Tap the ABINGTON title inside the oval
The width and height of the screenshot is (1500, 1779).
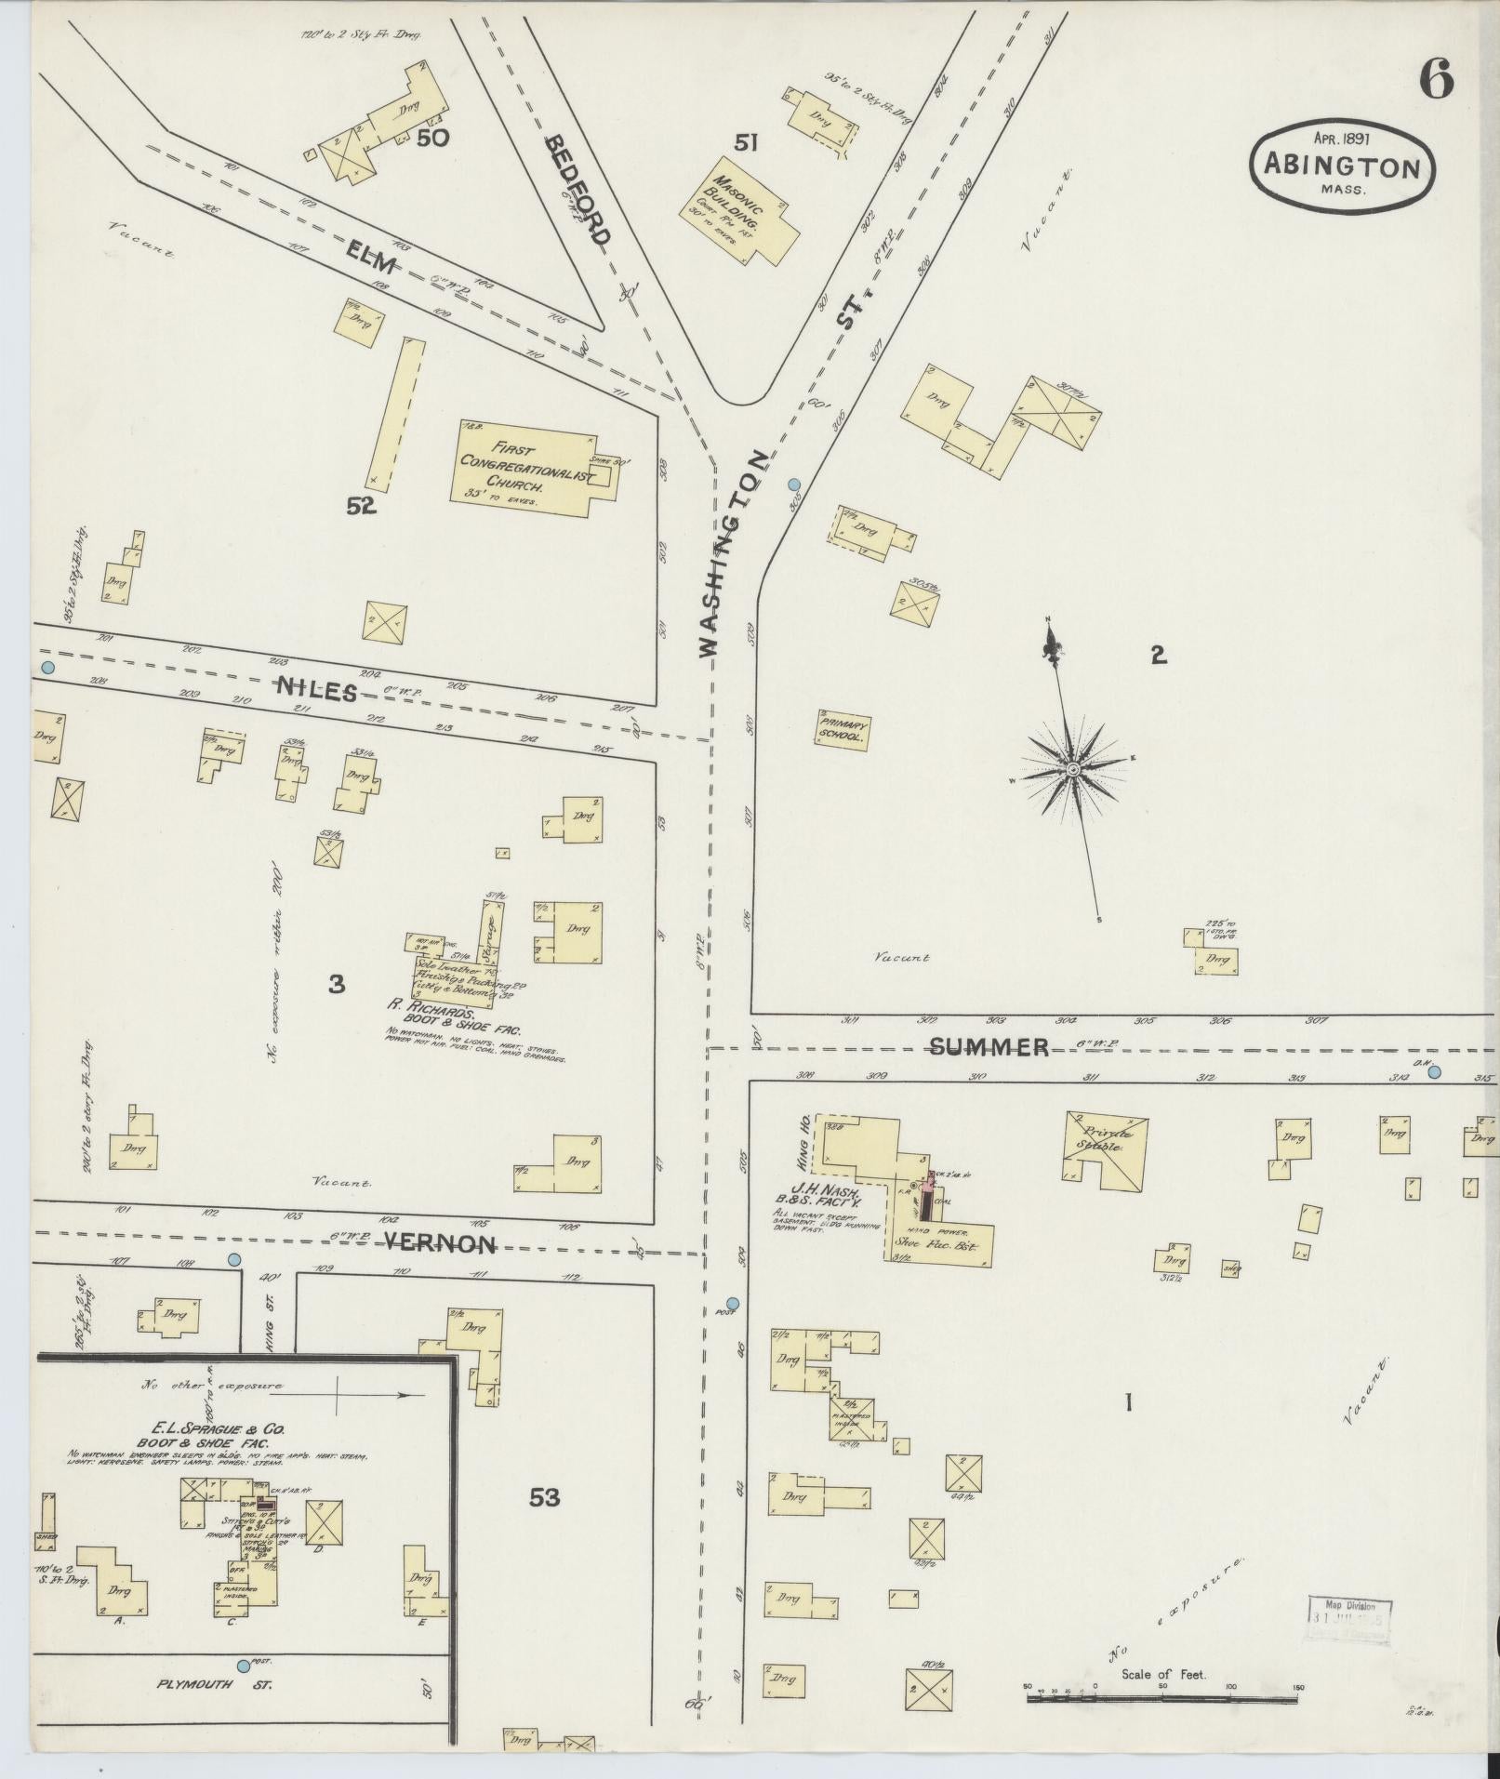[1340, 168]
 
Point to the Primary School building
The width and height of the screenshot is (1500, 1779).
[843, 730]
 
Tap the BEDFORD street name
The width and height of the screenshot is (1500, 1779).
[577, 189]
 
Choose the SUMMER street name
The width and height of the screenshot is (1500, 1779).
[989, 1047]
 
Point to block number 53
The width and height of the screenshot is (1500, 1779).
[544, 1498]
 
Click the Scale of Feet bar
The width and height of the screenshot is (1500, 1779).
[1162, 1699]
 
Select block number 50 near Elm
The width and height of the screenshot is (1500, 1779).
[432, 139]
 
